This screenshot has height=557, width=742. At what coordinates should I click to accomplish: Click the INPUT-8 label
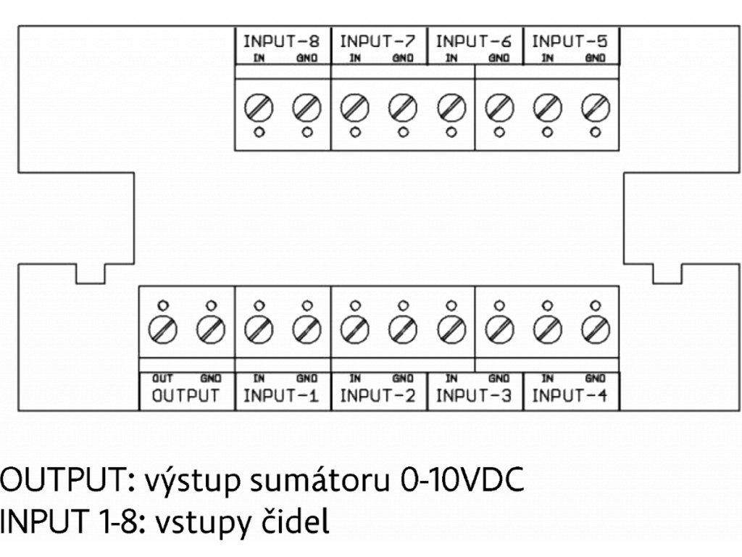[283, 41]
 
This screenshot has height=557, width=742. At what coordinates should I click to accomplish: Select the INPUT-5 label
[570, 41]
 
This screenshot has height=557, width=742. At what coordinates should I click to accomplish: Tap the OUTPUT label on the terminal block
[185, 396]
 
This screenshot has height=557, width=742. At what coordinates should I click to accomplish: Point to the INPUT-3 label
[474, 396]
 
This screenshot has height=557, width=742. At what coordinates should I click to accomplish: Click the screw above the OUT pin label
[163, 330]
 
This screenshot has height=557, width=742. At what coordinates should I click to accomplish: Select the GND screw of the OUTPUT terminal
[211, 330]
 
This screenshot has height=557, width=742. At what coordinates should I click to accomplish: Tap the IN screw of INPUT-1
[259, 330]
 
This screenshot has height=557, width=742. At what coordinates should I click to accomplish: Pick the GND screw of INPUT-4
[595, 330]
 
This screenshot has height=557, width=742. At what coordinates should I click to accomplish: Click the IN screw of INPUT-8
[259, 108]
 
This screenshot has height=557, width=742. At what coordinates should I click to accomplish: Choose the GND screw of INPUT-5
[595, 108]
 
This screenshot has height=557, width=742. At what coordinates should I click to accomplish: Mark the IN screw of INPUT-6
[451, 108]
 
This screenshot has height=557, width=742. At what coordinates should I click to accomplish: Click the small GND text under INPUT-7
[403, 59]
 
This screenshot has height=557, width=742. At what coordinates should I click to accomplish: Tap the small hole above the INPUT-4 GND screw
[595, 305]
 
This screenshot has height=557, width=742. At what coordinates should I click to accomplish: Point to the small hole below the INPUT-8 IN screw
[259, 132]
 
